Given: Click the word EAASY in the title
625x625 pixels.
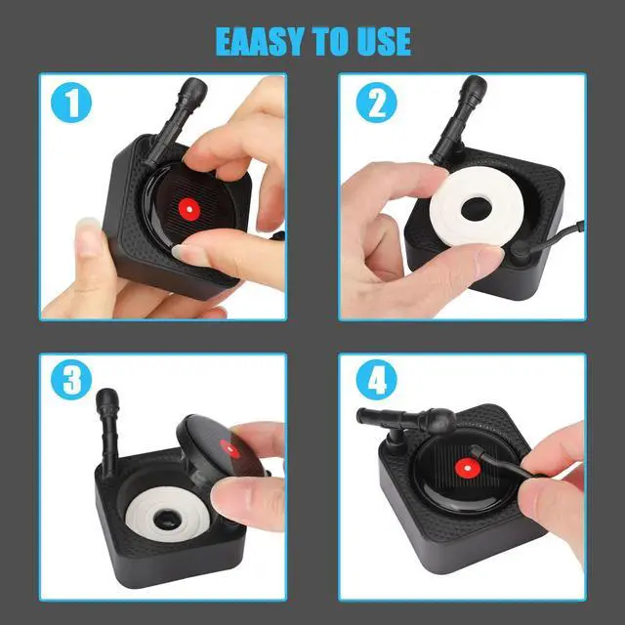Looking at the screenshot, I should tap(261, 41).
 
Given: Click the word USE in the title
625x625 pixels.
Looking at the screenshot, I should tap(379, 41).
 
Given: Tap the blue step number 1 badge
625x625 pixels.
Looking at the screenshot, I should tap(70, 104).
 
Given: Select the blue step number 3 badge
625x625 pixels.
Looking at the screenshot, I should tap(70, 381).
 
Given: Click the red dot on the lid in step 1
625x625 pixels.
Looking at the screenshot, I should tap(187, 208).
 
